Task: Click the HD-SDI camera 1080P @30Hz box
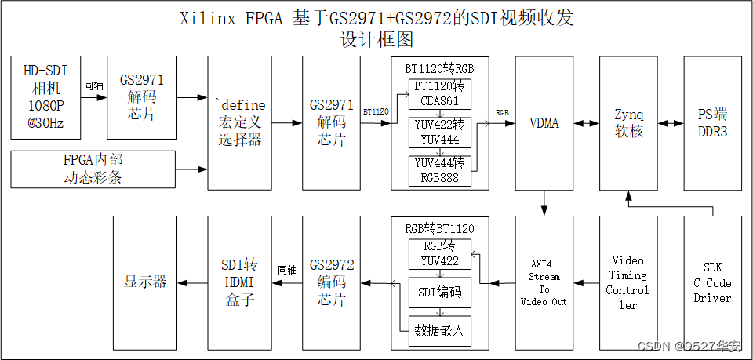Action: (45, 97)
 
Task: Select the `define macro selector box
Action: (239, 122)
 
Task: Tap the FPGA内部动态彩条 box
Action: (93, 169)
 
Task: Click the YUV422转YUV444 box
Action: (439, 132)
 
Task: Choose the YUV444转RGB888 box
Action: (439, 170)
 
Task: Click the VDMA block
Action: (544, 122)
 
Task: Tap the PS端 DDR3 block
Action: (712, 122)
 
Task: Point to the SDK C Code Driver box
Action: (712, 282)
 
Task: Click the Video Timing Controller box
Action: (627, 282)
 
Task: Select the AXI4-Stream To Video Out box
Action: (544, 282)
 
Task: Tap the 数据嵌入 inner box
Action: (439, 330)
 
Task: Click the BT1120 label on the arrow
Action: (376, 112)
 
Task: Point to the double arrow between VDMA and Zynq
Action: (586, 123)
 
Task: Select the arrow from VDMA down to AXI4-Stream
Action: (544, 204)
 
